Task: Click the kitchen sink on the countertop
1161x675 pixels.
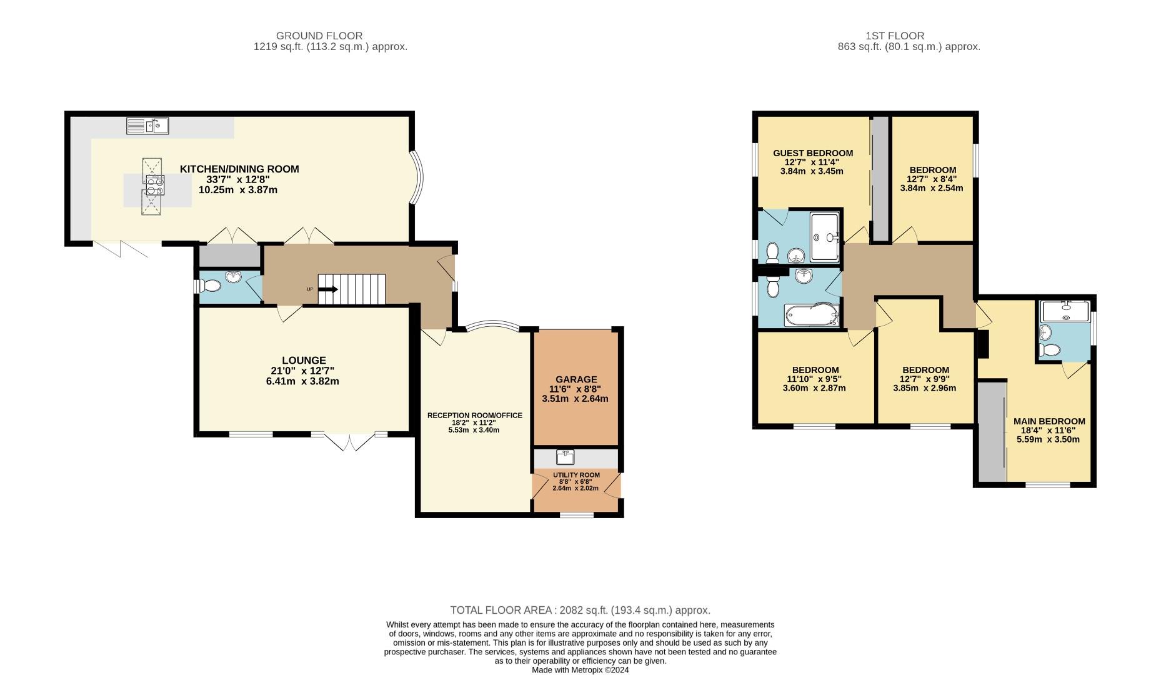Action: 147,126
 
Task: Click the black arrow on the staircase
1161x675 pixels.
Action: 328,289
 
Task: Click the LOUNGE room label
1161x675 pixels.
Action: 304,361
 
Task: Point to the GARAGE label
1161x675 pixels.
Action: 576,379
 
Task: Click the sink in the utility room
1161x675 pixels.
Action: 566,457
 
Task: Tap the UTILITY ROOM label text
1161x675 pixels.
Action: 576,475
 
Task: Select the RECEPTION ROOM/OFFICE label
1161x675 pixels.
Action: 474,416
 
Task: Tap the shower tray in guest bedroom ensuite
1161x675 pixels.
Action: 825,237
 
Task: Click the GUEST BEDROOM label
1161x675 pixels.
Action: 812,153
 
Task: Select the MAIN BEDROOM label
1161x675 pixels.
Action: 1049,421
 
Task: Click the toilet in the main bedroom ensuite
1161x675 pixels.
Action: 1050,350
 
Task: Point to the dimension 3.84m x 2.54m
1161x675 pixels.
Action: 932,188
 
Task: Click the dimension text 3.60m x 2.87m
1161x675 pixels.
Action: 814,388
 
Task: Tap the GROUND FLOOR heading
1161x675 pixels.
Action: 319,36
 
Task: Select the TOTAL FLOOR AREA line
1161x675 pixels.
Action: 580,610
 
